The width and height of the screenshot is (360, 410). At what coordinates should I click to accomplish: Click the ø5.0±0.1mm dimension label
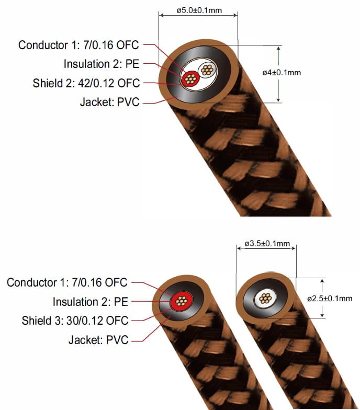199,10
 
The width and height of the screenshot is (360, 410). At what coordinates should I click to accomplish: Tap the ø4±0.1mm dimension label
282,72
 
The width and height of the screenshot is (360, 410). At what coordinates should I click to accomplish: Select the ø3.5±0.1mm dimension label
267,244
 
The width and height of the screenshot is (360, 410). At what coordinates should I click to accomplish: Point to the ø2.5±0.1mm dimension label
330,298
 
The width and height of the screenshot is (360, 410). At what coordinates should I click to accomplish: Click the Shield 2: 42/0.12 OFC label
86,83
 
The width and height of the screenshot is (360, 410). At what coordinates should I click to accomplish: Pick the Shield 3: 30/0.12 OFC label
75,321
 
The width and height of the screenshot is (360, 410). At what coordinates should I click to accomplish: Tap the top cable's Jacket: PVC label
110,102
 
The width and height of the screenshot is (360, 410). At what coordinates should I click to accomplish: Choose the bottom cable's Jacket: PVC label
98,340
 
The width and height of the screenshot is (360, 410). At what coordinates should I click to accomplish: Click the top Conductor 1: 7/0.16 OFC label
78,45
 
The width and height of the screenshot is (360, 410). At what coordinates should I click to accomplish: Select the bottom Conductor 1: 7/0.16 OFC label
67,282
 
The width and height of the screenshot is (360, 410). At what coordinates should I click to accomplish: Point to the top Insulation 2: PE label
102,64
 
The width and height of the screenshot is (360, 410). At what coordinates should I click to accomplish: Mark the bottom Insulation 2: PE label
91,302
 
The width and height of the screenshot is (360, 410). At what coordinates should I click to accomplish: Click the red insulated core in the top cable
190,78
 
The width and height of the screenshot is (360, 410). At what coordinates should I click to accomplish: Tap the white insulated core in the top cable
207,70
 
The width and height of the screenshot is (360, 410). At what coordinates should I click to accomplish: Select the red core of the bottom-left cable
181,301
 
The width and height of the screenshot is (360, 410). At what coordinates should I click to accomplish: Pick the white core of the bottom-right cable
265,298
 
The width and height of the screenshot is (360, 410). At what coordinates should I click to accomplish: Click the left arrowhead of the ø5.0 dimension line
161,15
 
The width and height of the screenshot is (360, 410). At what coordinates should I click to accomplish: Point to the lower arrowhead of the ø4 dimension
278,99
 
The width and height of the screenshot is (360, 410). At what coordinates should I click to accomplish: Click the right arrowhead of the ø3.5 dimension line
293,248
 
